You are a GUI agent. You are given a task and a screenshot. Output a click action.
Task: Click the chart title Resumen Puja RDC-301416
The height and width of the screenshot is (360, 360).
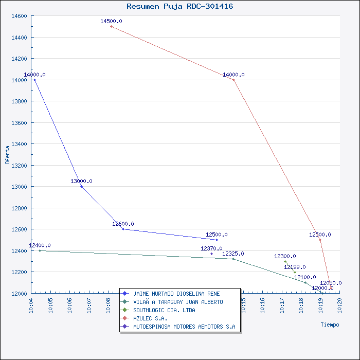180,6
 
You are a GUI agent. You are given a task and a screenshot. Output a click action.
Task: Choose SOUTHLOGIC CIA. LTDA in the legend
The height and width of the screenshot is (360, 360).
164,310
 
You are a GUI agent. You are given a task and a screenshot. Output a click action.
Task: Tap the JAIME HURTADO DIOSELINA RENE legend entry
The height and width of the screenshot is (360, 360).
176,294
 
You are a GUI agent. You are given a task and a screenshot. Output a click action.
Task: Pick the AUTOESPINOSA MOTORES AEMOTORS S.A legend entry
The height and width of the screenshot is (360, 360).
184,327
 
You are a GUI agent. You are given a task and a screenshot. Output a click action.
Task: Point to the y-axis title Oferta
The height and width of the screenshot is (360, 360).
7,155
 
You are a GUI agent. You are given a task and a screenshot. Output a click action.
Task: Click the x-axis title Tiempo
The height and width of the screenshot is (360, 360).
330,325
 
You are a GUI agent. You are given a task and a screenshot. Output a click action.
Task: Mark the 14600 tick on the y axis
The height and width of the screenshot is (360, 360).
19,16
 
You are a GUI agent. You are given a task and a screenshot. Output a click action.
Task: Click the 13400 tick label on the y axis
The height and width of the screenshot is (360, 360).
19,144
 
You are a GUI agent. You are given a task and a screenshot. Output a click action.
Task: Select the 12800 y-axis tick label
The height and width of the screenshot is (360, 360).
19,208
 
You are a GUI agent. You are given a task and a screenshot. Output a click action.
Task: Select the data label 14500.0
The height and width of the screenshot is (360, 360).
111,21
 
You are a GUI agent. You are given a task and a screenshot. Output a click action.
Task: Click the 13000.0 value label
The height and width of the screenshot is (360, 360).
81,181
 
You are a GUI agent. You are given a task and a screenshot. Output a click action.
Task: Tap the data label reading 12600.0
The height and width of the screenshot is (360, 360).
123,224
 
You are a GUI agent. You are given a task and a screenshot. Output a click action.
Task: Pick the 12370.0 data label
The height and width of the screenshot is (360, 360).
211,248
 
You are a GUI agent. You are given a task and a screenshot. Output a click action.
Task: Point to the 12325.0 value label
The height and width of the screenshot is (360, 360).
233,254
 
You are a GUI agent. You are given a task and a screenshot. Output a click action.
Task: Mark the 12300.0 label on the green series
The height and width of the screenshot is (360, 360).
285,256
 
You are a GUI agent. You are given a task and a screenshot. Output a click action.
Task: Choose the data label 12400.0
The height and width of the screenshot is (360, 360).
40,245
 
